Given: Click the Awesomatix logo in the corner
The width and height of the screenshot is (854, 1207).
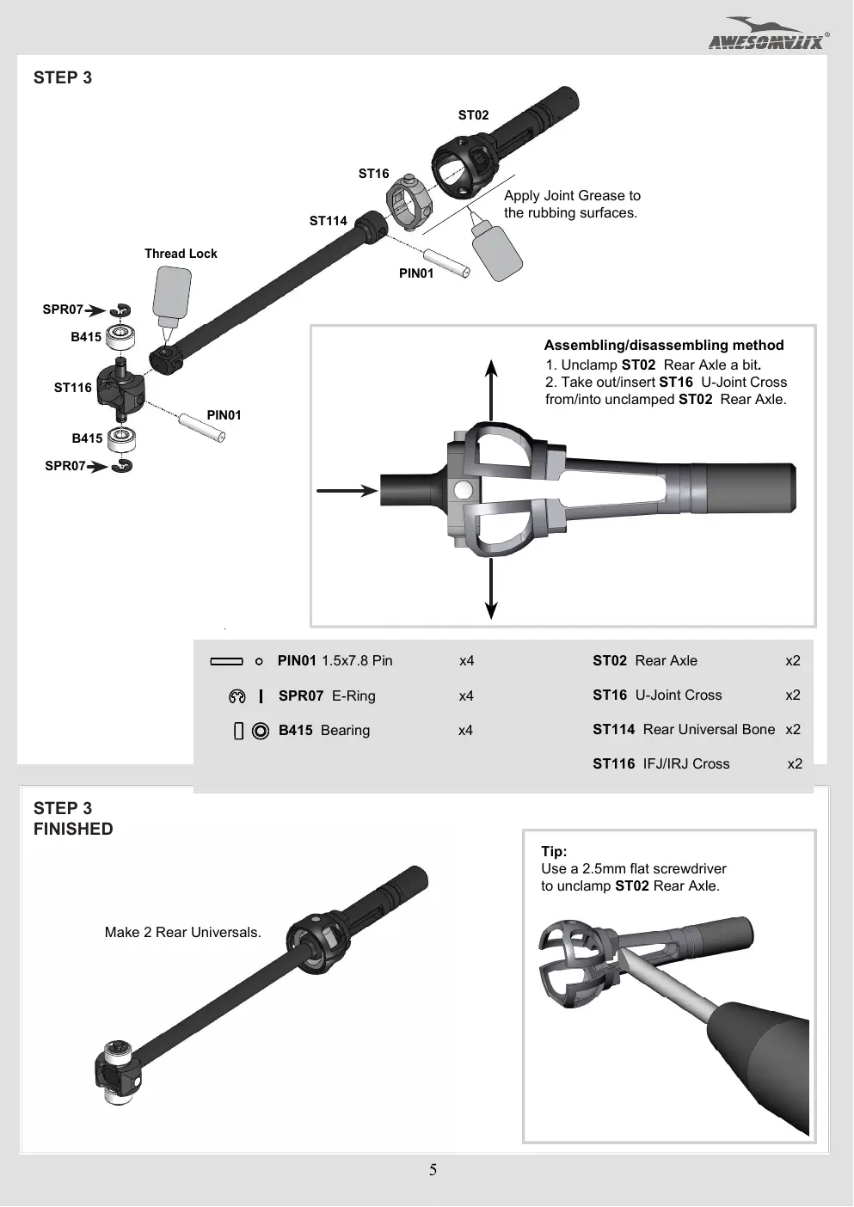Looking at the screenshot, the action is (769, 34).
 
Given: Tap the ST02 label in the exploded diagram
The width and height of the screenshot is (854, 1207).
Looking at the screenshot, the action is (473, 115).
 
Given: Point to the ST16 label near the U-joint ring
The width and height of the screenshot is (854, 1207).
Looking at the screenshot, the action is (373, 174).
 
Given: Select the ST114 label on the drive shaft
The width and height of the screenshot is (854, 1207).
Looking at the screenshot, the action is (329, 221).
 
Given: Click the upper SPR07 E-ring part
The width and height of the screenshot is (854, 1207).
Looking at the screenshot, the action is (120, 310).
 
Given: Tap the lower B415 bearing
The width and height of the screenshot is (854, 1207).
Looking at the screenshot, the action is (121, 438).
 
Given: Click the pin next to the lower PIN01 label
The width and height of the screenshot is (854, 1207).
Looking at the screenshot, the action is (201, 428).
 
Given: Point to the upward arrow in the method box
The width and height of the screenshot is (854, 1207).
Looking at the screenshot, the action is (490, 390).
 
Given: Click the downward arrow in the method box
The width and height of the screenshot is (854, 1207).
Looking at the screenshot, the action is (490, 589).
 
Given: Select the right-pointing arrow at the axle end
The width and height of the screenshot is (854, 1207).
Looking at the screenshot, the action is (347, 490).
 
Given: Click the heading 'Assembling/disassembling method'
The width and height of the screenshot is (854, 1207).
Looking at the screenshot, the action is (664, 346).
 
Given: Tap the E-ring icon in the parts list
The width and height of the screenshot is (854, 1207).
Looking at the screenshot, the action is (237, 696).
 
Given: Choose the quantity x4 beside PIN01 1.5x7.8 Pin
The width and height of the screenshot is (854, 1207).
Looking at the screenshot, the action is (467, 660).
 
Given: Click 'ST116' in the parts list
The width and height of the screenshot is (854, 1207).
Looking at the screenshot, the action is (613, 763).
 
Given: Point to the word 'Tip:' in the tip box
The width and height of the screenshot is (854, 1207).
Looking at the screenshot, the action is (554, 851).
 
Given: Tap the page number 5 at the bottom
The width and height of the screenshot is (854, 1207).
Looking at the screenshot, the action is (433, 1170).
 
